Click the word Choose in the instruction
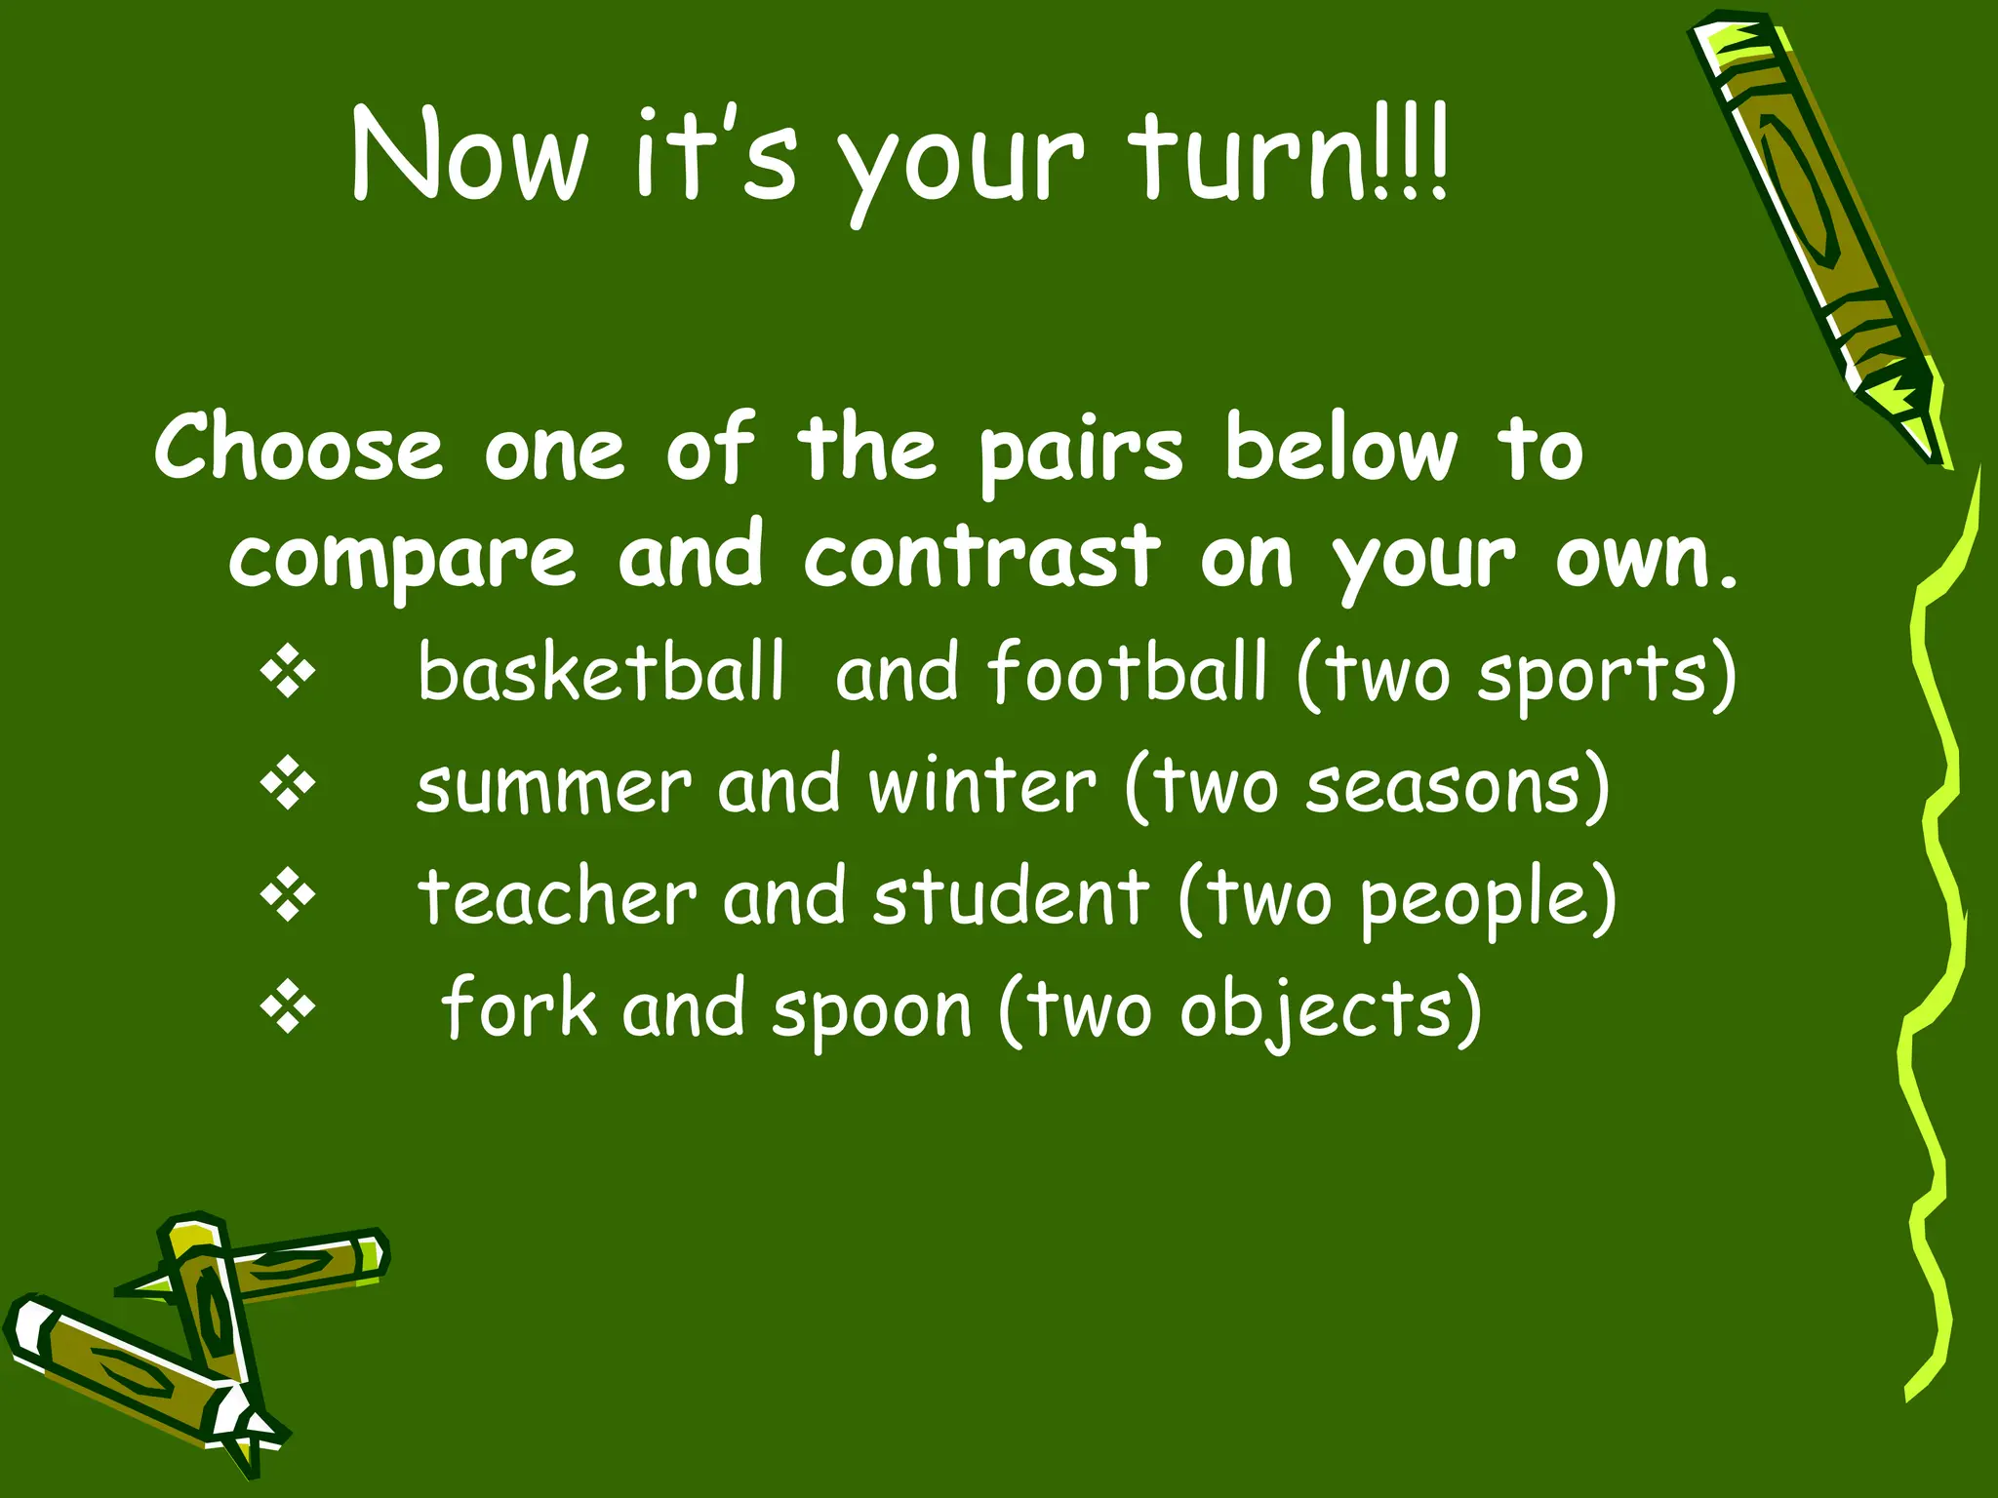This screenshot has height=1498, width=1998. (x=299, y=448)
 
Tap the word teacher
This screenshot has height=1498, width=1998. (x=557, y=896)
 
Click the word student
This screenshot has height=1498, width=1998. (x=1011, y=896)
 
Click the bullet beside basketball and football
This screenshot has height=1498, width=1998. (x=288, y=672)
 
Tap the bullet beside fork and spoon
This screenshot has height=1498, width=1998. (x=288, y=1008)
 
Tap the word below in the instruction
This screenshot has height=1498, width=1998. (x=1340, y=448)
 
